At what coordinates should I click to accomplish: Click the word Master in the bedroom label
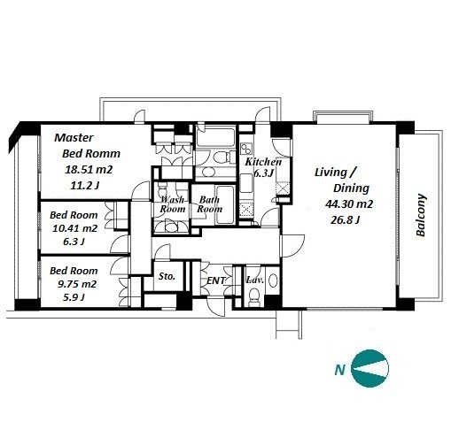[74, 137]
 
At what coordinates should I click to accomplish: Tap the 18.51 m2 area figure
[89, 170]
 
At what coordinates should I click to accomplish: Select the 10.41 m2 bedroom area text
[74, 228]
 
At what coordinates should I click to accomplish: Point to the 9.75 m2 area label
[77, 284]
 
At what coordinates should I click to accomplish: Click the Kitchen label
[263, 162]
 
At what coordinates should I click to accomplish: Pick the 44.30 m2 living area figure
[349, 204]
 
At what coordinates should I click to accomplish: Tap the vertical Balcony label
[421, 215]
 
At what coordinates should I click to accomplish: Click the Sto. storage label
[167, 276]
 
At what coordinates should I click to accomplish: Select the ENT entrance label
[216, 280]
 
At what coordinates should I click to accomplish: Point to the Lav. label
[255, 280]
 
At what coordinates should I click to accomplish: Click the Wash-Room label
[173, 204]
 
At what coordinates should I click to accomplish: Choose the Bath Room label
[210, 204]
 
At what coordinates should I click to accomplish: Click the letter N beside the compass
[340, 370]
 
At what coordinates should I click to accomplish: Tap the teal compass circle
[369, 369]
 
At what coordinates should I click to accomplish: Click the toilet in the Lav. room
[253, 296]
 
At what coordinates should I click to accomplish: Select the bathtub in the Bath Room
[225, 205]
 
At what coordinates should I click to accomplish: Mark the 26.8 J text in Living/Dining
[345, 220]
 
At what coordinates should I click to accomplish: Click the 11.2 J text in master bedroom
[85, 186]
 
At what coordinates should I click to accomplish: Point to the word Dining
[351, 188]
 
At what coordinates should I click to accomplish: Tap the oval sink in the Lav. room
[273, 280]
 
